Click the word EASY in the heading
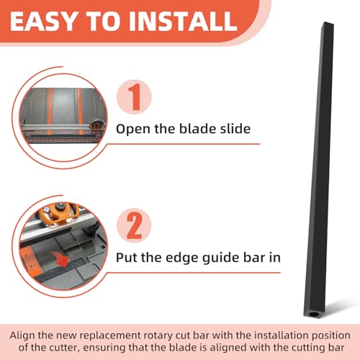(x=43, y=22)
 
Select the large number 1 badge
(x=134, y=97)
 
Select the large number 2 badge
(x=134, y=225)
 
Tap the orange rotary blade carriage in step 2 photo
(x=60, y=214)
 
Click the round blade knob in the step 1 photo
(x=96, y=125)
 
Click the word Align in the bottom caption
(x=22, y=336)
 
